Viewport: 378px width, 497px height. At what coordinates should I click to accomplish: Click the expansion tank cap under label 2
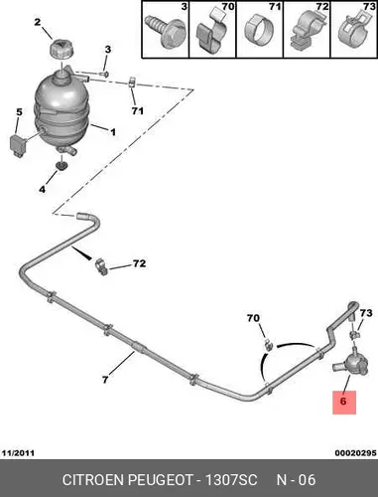pyautogui.click(x=62, y=50)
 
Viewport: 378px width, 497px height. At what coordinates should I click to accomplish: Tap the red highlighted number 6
pyautogui.click(x=344, y=402)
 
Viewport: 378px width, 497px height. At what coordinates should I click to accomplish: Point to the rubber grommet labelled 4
pyautogui.click(x=62, y=165)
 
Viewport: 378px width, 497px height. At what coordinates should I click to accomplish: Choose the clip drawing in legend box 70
pyautogui.click(x=211, y=32)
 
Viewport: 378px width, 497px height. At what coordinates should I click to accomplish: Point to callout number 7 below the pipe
pyautogui.click(x=105, y=380)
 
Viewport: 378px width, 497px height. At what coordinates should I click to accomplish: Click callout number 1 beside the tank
pyautogui.click(x=113, y=132)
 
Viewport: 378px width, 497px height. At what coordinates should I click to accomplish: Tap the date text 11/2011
pyautogui.click(x=18, y=453)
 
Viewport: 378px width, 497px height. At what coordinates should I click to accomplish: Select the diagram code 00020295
pyautogui.click(x=355, y=453)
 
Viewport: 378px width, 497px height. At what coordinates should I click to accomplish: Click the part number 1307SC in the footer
pyautogui.click(x=231, y=480)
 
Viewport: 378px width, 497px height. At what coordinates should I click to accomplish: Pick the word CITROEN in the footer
pyautogui.click(x=93, y=480)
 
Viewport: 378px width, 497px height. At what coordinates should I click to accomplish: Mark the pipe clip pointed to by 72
pyautogui.click(x=101, y=267)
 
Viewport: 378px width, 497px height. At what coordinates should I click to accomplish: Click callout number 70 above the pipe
pyautogui.click(x=253, y=318)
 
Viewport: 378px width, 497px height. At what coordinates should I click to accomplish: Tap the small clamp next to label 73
pyautogui.click(x=354, y=334)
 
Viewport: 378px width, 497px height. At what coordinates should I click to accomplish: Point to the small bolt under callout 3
pyautogui.click(x=105, y=74)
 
